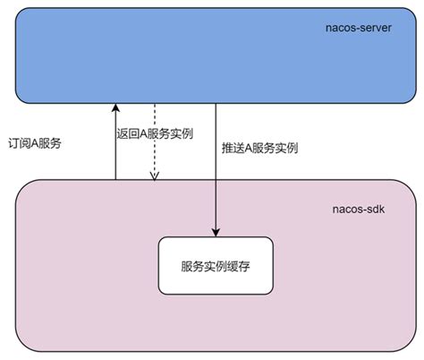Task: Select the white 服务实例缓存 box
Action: tap(216, 266)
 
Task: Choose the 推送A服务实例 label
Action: tap(259, 146)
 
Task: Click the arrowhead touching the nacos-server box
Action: tap(115, 107)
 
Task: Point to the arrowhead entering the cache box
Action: tap(216, 232)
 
